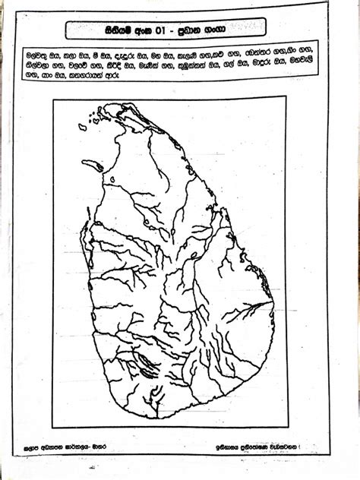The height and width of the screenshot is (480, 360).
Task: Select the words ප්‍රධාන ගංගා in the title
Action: (x=228, y=30)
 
